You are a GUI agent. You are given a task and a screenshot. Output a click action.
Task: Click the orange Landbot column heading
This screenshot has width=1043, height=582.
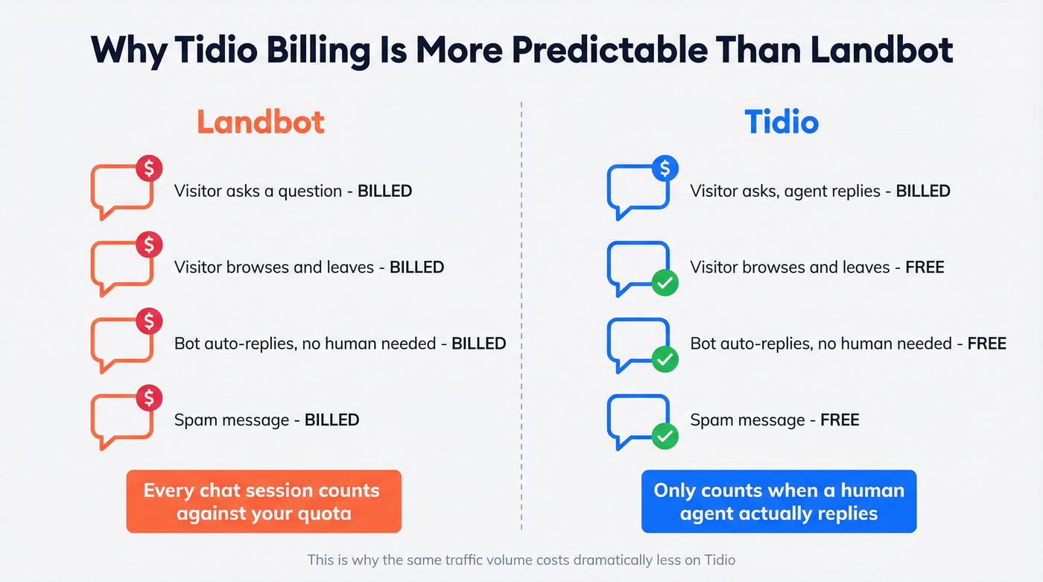click(x=261, y=122)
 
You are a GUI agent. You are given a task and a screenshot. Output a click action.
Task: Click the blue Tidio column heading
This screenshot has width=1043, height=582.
click(x=782, y=122)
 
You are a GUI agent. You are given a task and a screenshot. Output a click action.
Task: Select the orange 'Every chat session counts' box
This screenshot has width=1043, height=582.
click(x=264, y=502)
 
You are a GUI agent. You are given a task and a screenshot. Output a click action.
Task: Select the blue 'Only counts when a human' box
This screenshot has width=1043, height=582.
click(x=779, y=502)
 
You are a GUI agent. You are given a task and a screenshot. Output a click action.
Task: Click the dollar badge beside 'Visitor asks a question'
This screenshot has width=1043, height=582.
click(x=149, y=169)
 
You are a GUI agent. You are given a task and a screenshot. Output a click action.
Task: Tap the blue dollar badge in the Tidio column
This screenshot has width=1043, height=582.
click(x=665, y=169)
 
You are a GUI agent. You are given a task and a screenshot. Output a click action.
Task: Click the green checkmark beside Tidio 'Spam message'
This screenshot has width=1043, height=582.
click(x=665, y=436)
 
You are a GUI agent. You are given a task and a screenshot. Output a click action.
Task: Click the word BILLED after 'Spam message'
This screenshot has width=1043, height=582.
click(x=332, y=420)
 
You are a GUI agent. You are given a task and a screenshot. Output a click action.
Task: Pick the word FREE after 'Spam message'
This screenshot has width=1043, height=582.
click(x=840, y=420)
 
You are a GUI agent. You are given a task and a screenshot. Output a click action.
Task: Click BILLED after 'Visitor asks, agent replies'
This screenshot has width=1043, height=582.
click(x=922, y=191)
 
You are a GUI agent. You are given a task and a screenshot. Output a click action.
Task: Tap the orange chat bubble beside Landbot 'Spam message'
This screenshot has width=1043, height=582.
click(x=119, y=421)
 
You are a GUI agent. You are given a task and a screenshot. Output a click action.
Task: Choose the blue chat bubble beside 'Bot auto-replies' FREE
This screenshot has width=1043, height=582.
click(x=636, y=343)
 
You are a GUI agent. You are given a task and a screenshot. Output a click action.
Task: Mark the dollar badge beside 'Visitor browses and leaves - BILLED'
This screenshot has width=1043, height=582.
click(x=149, y=244)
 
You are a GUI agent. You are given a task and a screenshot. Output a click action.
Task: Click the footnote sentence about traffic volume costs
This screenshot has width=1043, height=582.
click(x=521, y=560)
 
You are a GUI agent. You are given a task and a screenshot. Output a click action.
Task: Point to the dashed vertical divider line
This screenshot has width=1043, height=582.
click(x=521, y=313)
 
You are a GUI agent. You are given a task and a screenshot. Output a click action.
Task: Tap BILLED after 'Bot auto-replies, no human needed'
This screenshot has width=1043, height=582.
click(x=478, y=344)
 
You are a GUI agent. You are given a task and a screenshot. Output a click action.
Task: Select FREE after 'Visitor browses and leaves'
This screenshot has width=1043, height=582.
click(x=925, y=268)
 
